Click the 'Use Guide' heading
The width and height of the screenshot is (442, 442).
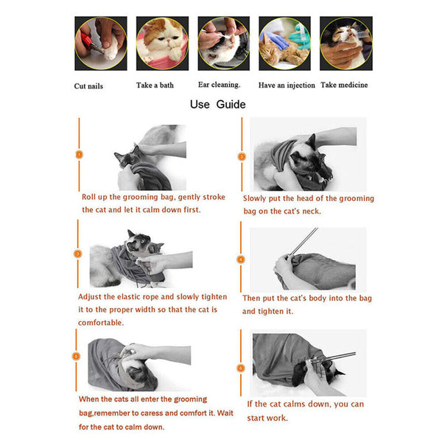tap(217, 104)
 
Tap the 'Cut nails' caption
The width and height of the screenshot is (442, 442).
tap(88, 86)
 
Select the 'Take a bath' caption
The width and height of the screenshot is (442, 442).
tap(155, 85)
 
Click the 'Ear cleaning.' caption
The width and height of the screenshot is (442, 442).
tap(219, 85)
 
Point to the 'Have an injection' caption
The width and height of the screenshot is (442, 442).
tap(287, 85)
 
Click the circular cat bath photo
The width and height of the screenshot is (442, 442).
tap(162, 43)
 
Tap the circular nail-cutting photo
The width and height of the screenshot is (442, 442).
tap(101, 43)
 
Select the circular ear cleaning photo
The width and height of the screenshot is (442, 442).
tap(223, 43)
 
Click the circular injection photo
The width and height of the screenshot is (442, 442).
tap(284, 43)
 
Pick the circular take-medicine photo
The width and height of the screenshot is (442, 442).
tap(345, 43)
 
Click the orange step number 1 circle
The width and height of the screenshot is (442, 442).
tap(80, 155)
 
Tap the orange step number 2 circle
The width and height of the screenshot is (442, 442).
tap(241, 156)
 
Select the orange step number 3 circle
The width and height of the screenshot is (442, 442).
tap(78, 253)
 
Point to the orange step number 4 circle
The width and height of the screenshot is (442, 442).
tap(241, 259)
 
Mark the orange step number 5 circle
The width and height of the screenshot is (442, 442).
tap(76, 356)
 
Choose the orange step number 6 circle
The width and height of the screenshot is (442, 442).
tap(241, 367)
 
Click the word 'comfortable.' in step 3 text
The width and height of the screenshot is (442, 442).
tap(102, 323)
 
